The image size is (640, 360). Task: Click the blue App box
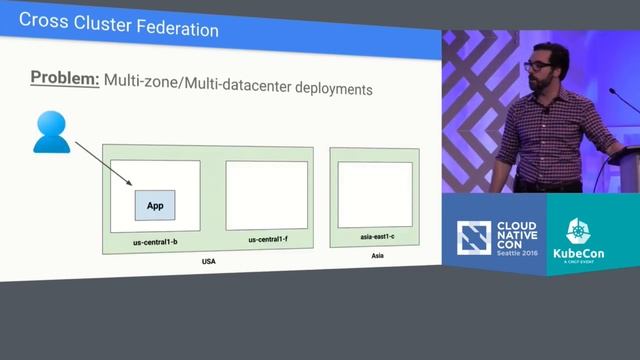coord(155,205)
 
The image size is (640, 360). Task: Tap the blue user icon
coord(51,133)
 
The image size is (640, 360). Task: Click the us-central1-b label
coord(156,241)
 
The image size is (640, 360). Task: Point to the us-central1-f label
coord(267,240)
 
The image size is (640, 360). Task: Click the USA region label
coord(209,261)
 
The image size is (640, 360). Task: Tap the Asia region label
coord(376,256)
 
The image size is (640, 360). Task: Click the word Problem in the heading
coord(64,78)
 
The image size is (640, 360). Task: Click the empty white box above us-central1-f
coord(266,196)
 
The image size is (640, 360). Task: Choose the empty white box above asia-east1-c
coord(375,195)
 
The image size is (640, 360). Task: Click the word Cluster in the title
coord(99,29)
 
